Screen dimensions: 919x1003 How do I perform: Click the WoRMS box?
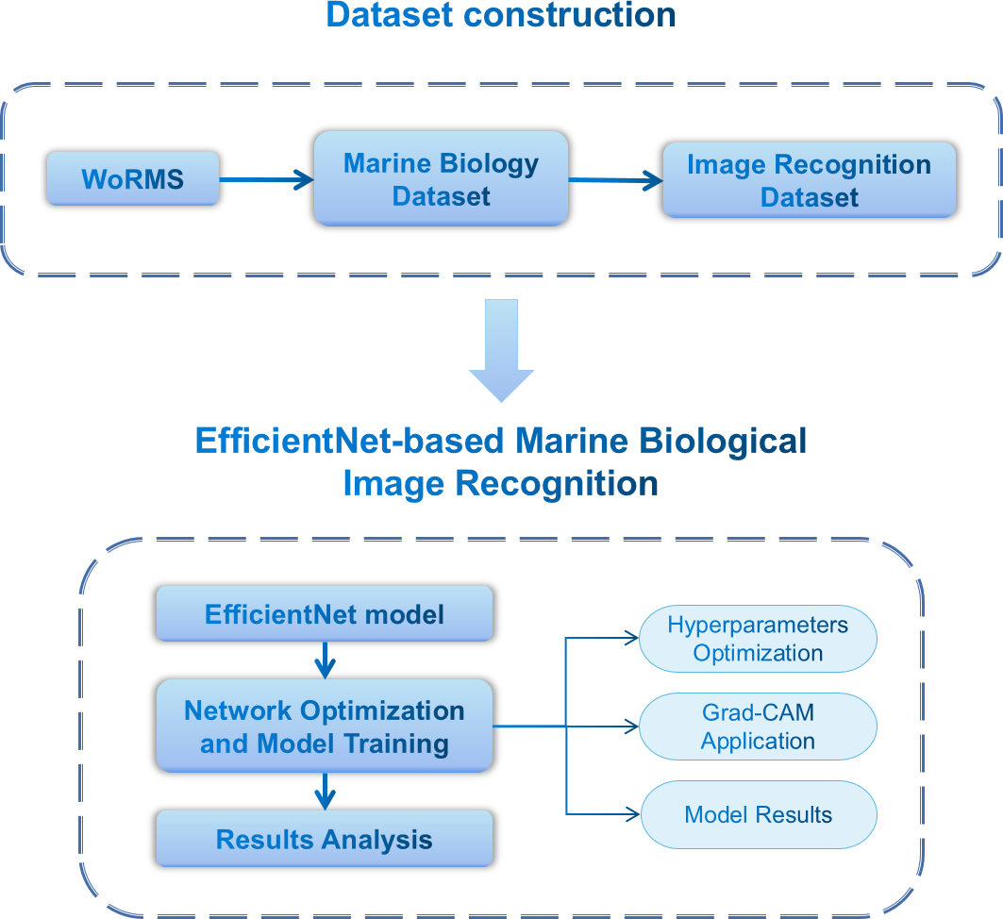click(x=133, y=178)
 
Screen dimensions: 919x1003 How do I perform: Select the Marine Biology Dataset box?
click(x=441, y=179)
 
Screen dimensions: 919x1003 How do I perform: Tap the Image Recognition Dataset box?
click(x=809, y=180)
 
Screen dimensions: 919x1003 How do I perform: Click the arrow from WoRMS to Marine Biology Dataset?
click(x=266, y=179)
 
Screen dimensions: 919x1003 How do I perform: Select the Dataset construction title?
click(x=501, y=16)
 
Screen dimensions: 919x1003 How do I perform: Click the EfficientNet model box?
click(x=324, y=615)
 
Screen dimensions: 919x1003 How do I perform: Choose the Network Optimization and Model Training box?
click(x=324, y=727)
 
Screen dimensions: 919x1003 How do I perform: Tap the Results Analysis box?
click(x=324, y=839)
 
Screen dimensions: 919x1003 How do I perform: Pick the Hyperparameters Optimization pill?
click(x=758, y=639)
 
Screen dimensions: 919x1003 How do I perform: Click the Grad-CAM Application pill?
click(x=758, y=727)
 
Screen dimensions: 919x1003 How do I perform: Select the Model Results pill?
click(x=758, y=814)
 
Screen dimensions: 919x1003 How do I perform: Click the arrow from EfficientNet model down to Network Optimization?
click(x=324, y=660)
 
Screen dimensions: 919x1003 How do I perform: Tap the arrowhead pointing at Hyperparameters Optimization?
click(x=632, y=639)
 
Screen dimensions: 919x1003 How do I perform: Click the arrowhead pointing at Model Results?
click(x=632, y=814)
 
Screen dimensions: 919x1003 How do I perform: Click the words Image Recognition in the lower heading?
click(x=500, y=484)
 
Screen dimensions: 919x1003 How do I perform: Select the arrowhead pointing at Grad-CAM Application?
click(x=632, y=727)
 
